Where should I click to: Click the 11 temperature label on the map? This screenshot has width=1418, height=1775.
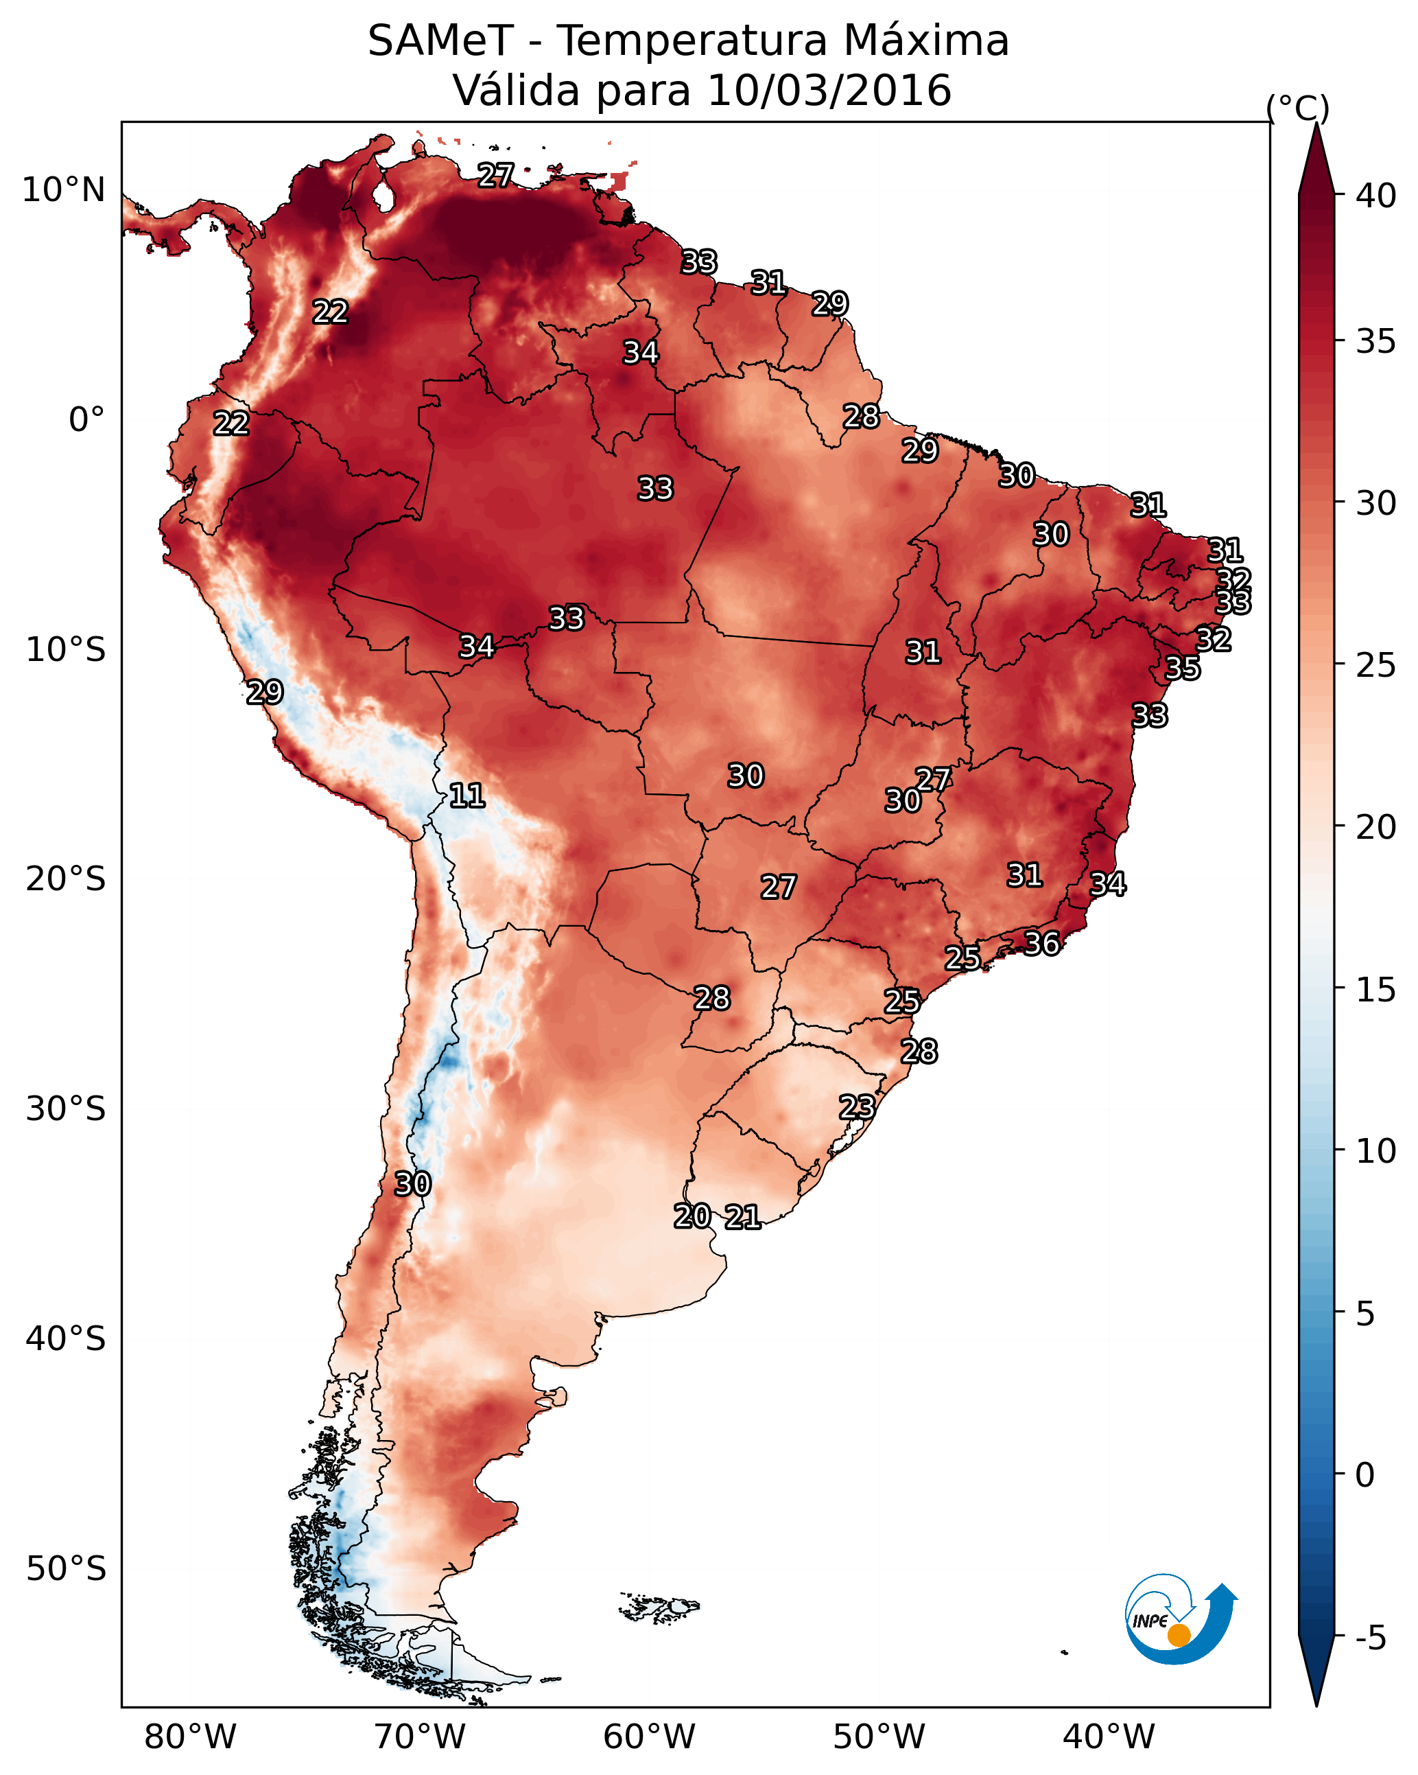466,796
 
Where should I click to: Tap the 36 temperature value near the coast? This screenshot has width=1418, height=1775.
1041,944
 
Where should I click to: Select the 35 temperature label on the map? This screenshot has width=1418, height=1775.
1183,668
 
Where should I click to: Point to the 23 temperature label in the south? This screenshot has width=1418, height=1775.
857,1106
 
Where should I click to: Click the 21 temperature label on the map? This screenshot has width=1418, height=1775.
742,1217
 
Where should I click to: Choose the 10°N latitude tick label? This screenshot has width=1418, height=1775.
63,190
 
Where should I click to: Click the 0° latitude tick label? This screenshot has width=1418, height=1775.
86,420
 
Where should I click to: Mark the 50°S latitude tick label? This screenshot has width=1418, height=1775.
66,1569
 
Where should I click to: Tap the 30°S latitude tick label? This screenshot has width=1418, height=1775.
66,1109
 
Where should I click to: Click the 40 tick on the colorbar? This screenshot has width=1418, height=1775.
1376,196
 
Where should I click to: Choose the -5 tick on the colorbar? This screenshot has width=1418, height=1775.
1371,1638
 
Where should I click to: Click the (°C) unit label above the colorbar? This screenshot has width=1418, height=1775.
1298,108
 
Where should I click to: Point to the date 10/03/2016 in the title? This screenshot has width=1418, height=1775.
829,91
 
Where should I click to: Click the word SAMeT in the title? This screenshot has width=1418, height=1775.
441,41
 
